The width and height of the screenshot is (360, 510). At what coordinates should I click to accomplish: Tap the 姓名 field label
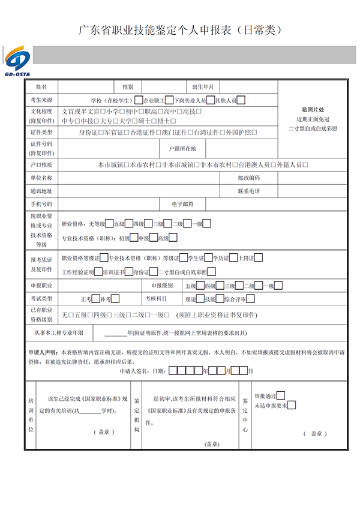pyautogui.click(x=41, y=87)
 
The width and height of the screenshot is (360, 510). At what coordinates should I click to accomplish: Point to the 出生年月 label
pyautogui.click(x=203, y=87)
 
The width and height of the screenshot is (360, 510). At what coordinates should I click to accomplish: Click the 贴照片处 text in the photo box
pyautogui.click(x=313, y=110)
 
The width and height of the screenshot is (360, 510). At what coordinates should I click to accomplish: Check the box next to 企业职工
pyautogui.click(x=169, y=100)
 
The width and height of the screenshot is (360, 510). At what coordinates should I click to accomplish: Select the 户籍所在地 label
pyautogui.click(x=182, y=148)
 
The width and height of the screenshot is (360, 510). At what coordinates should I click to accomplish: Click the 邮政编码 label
pyautogui.click(x=248, y=178)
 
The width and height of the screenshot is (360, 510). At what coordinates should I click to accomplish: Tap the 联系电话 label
pyautogui.click(x=248, y=191)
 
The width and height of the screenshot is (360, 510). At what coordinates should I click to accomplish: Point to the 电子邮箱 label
pyautogui.click(x=182, y=204)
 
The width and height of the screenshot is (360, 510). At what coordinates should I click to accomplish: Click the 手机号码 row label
pyautogui.click(x=41, y=204)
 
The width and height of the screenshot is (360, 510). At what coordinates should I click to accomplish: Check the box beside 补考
pyautogui.click(x=115, y=298)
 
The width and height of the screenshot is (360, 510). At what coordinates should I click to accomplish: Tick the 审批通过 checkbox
pyautogui.click(x=280, y=395)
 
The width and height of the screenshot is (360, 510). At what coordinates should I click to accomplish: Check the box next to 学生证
pyautogui.click(x=207, y=258)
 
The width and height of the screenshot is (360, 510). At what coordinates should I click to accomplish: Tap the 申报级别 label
pyautogui.click(x=162, y=285)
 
